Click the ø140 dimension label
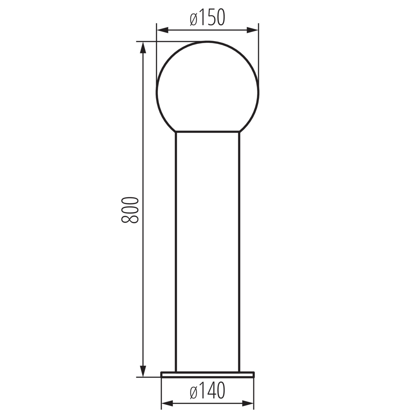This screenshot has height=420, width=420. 207,390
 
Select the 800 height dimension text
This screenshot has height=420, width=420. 130,210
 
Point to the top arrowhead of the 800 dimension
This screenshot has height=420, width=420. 143,48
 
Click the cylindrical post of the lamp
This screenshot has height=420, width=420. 207,252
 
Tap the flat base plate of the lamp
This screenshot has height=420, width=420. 207,374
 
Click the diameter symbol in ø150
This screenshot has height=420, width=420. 194,19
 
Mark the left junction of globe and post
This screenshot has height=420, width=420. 176,132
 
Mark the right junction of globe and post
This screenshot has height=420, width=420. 240,132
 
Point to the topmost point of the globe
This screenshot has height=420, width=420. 207,41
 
